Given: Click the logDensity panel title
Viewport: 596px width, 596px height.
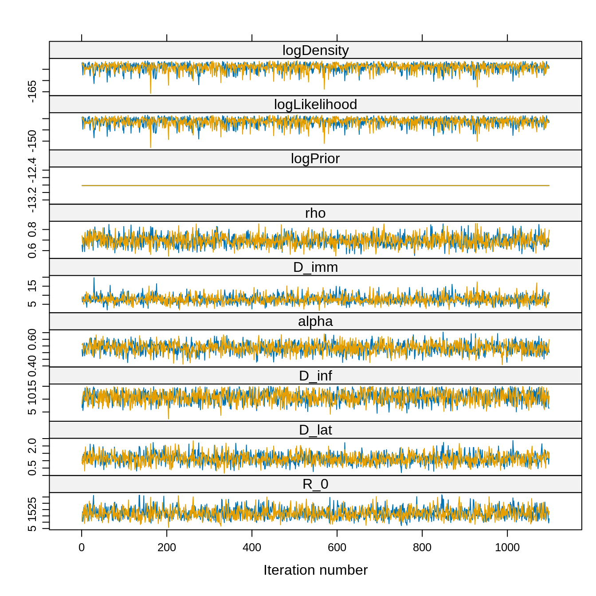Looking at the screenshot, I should (315, 51).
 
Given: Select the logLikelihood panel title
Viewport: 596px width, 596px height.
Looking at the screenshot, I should (315, 105).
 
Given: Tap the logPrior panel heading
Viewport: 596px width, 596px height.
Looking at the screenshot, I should (315, 159).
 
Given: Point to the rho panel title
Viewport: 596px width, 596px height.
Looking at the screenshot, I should (315, 213).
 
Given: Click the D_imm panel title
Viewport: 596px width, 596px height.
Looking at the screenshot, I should (315, 267).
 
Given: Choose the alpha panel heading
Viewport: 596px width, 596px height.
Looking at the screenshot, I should (315, 322).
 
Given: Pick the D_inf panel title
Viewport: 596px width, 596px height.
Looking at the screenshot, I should (315, 376).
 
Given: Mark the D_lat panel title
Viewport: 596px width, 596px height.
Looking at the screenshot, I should (315, 430).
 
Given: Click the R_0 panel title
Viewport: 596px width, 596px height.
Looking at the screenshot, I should (315, 484).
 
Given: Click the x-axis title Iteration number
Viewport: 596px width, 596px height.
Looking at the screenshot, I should (315, 570).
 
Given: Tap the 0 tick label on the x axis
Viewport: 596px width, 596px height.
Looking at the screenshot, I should (82, 548).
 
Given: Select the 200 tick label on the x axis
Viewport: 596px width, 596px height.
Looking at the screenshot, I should (167, 548).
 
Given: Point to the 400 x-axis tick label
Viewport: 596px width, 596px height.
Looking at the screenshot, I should (252, 548).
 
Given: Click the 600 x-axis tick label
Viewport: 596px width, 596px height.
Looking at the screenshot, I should (337, 548).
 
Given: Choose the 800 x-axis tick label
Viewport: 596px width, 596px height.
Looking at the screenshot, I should (422, 548).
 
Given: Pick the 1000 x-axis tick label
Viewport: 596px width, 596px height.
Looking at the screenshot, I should (507, 548).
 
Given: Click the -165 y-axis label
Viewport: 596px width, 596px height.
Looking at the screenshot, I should (32, 92).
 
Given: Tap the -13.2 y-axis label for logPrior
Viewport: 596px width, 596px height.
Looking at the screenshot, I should (32, 200).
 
